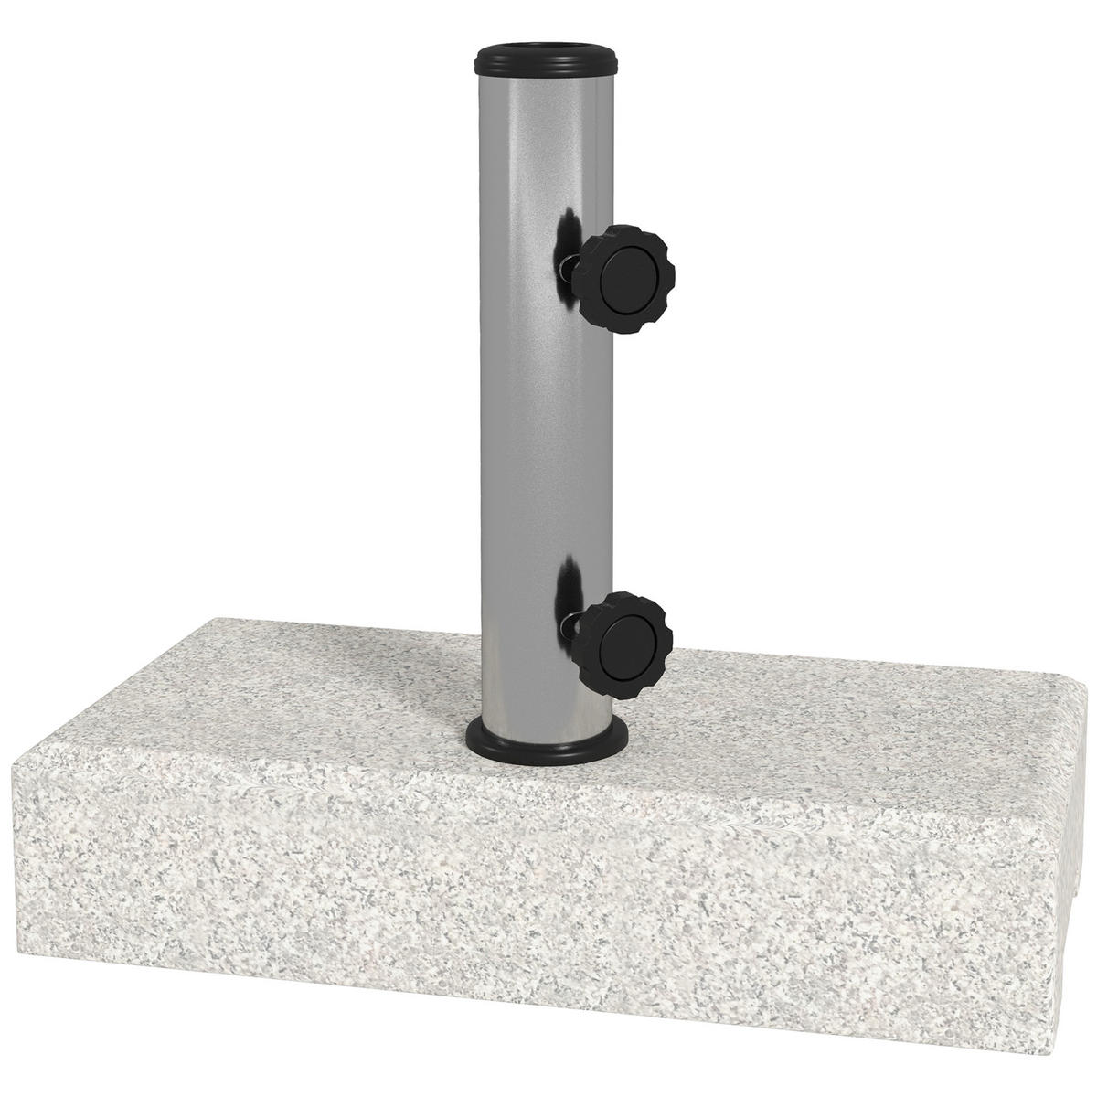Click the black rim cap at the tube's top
(548, 68)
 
